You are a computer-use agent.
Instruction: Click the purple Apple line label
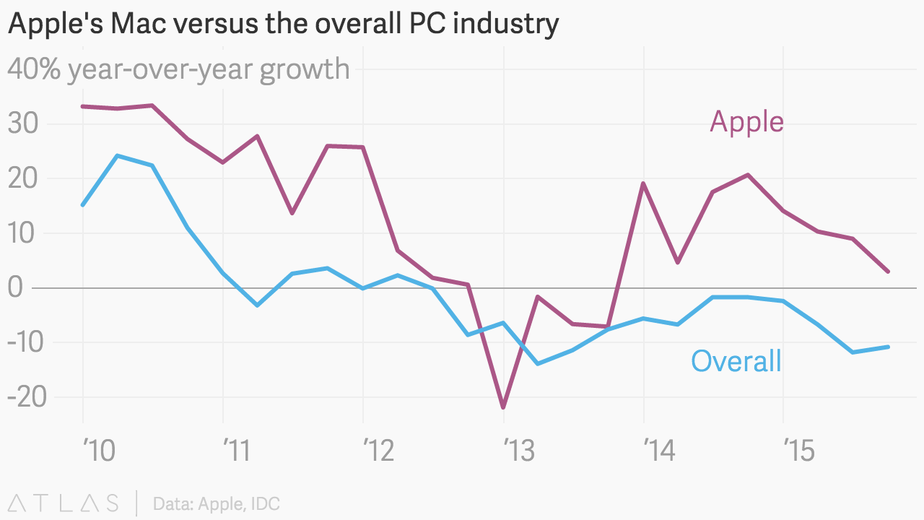click(x=746, y=121)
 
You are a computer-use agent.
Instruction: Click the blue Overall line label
click(x=736, y=360)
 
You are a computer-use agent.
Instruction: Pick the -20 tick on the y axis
click(x=27, y=396)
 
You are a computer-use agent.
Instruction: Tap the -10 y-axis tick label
click(x=27, y=342)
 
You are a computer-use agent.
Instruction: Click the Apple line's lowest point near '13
click(x=503, y=407)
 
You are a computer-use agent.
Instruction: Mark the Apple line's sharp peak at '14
click(x=642, y=183)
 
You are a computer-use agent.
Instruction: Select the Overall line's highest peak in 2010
click(x=118, y=155)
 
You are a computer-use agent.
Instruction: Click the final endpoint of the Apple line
click(x=888, y=272)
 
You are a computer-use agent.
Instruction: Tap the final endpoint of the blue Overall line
click(x=888, y=347)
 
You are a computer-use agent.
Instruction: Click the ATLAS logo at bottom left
click(x=63, y=503)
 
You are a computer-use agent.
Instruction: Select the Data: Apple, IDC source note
click(x=216, y=503)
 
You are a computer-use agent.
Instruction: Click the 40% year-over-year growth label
click(x=178, y=69)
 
